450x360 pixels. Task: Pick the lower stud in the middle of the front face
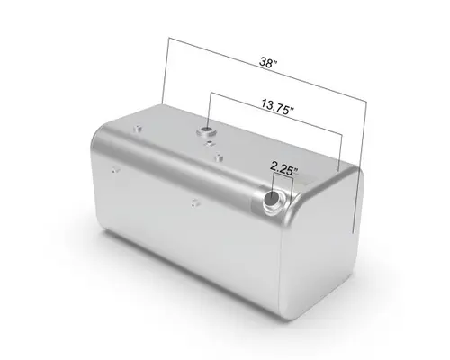(x=195, y=203)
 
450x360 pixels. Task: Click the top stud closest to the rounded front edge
(x=219, y=159)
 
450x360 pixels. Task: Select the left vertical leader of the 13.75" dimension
(x=211, y=112)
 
